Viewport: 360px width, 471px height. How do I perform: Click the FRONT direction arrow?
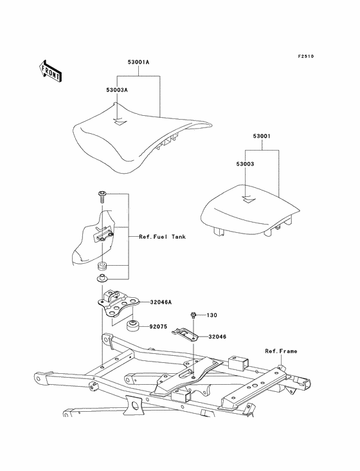50,71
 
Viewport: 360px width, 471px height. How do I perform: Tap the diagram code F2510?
306,56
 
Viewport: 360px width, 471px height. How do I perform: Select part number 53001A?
138,62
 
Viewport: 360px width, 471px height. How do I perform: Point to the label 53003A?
117,90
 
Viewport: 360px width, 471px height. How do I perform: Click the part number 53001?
262,136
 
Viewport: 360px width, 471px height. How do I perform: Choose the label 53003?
245,164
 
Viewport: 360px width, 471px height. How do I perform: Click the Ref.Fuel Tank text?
162,237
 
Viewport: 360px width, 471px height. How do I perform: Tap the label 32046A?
161,302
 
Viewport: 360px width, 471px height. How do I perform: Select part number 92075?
158,326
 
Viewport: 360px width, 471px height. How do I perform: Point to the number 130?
212,315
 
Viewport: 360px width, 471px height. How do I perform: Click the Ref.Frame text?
281,351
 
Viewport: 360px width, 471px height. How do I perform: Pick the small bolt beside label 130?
193,315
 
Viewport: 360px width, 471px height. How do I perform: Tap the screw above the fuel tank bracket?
102,197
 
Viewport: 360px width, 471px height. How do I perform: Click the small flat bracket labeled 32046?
185,335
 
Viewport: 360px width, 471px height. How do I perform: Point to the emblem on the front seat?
120,122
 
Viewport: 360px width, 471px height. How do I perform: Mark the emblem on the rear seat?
249,199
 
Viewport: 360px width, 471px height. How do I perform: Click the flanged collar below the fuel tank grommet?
102,278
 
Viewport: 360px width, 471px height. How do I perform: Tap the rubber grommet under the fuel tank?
103,266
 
